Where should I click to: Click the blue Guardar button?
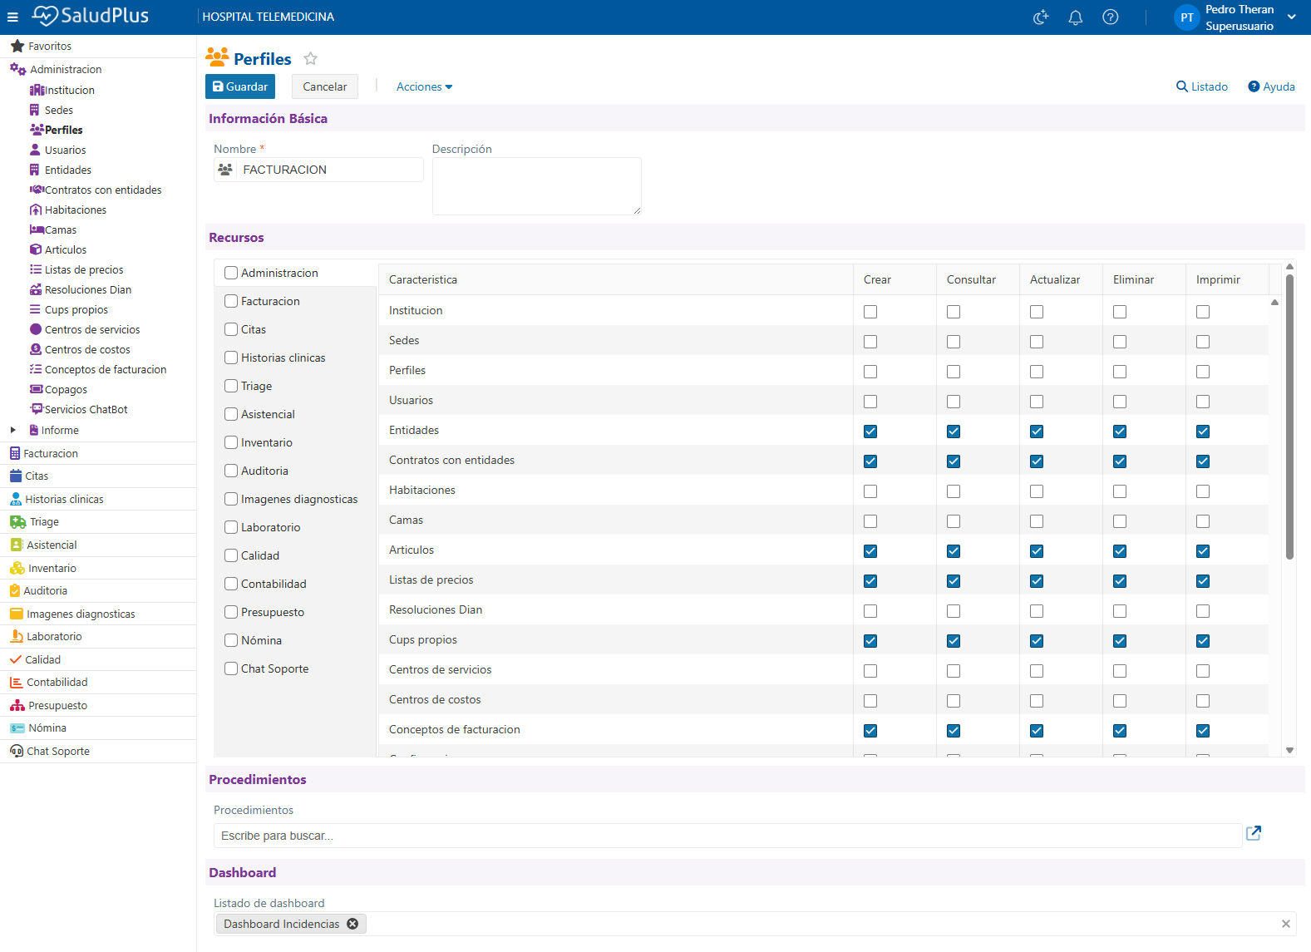click(240, 86)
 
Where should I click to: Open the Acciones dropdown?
click(424, 86)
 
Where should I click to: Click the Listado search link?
click(1201, 86)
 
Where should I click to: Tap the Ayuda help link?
click(1271, 86)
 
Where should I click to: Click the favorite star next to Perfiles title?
click(310, 58)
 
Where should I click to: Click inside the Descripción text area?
click(537, 186)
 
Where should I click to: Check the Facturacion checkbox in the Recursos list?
click(231, 301)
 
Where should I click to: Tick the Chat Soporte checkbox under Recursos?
click(231, 668)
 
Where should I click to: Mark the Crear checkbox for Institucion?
click(870, 312)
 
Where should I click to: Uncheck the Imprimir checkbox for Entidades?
click(1203, 432)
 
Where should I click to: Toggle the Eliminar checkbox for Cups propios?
click(1120, 641)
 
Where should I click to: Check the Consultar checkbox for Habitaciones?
click(954, 491)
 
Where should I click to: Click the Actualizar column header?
click(1055, 280)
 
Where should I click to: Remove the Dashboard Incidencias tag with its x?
click(352, 924)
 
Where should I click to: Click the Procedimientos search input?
click(727, 836)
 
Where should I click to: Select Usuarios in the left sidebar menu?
click(65, 150)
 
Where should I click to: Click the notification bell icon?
click(1075, 17)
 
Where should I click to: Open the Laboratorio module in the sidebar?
click(54, 636)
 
